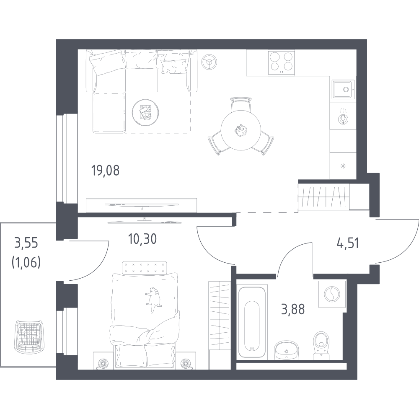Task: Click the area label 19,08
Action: (105, 171)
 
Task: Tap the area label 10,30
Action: (142, 239)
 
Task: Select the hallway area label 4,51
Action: (347, 243)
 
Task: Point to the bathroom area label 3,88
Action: (293, 310)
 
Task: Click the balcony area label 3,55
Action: (26, 243)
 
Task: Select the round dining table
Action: (241, 130)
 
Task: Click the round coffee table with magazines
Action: (146, 112)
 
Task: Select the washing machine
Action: (332, 294)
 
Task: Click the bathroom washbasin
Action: (286, 350)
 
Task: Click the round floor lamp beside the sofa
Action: (209, 62)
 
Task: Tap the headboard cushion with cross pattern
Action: (144, 267)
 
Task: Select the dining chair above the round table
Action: (241, 105)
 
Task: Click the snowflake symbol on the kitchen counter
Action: (343, 166)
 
